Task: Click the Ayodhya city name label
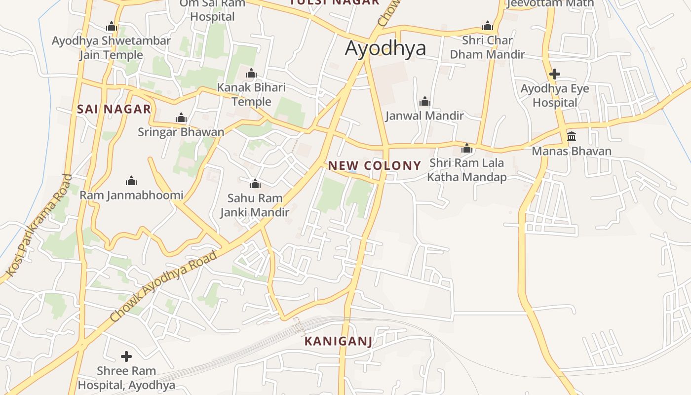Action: click(x=385, y=48)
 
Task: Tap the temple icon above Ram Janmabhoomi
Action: click(x=131, y=181)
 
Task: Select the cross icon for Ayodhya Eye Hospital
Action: click(x=555, y=75)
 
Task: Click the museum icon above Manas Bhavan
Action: click(x=572, y=136)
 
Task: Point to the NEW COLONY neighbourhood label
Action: click(x=375, y=166)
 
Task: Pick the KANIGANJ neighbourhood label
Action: click(x=338, y=341)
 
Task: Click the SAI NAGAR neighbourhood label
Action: click(x=114, y=110)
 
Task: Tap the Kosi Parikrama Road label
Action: click(x=39, y=225)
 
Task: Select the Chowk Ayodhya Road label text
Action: click(x=163, y=286)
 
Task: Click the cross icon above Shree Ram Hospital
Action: click(x=126, y=356)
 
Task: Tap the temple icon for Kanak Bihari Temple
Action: click(x=251, y=74)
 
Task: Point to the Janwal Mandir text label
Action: click(x=424, y=116)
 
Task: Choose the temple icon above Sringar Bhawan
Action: click(x=181, y=118)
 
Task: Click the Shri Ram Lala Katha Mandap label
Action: click(x=466, y=170)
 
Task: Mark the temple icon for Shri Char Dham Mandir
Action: click(x=488, y=26)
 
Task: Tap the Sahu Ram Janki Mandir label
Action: click(x=255, y=205)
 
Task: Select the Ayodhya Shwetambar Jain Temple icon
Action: click(x=112, y=27)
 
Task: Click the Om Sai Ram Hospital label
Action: click(x=212, y=10)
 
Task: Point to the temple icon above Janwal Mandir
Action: click(x=425, y=102)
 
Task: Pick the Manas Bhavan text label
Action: click(x=572, y=151)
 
